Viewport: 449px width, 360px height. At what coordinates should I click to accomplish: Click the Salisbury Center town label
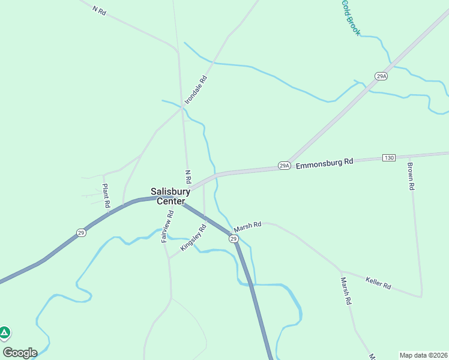click(170, 196)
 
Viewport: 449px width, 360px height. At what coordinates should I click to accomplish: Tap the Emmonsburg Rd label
click(324, 162)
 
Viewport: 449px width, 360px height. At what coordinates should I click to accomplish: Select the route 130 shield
click(389, 158)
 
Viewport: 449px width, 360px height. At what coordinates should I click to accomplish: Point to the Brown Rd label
click(411, 176)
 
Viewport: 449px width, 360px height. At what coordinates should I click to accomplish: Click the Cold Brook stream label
click(351, 17)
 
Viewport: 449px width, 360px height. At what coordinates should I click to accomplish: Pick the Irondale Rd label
click(196, 90)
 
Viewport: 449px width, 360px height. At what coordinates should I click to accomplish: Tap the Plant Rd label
click(106, 196)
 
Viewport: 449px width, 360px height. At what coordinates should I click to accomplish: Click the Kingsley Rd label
click(193, 238)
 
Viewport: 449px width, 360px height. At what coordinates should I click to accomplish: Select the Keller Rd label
click(378, 283)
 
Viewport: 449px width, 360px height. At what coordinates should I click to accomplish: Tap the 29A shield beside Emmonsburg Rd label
click(284, 165)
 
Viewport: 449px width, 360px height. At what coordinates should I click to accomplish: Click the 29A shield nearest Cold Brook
click(381, 76)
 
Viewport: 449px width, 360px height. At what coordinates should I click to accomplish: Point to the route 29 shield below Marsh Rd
click(234, 239)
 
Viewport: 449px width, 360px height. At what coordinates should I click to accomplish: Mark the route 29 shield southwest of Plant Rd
click(80, 233)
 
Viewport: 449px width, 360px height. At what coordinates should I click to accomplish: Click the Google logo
click(20, 353)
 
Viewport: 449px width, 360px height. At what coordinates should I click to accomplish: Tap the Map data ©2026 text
click(423, 355)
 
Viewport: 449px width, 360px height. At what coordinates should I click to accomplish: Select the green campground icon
click(4, 332)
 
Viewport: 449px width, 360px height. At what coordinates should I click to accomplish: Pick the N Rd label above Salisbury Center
click(188, 176)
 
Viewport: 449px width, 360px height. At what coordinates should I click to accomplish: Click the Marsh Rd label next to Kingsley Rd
click(248, 226)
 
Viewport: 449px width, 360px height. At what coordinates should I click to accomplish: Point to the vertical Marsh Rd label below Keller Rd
click(345, 291)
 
